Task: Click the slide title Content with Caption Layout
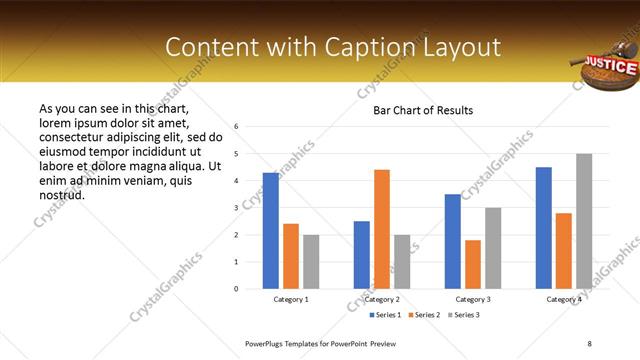332,47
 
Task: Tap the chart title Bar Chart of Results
423,110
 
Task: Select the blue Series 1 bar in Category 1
271,230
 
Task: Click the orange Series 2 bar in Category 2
382,229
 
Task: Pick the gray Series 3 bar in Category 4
584,221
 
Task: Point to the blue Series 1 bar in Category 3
453,241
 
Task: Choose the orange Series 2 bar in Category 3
473,264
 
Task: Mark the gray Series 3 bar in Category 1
311,261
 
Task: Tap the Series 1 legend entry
388,315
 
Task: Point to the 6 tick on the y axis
236,127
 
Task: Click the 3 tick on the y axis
236,208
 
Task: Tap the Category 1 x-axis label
291,299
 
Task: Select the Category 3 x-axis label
473,299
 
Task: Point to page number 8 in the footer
589,343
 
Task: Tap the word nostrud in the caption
61,194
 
